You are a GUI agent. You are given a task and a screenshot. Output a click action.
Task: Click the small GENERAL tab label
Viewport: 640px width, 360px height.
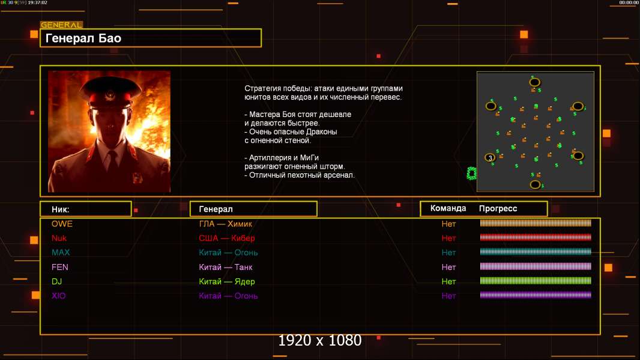[x=61, y=25]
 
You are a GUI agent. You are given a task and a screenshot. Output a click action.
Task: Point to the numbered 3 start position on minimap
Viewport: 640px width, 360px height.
[x=490, y=158]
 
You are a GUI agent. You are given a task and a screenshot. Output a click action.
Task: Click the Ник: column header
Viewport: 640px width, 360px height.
[x=61, y=209]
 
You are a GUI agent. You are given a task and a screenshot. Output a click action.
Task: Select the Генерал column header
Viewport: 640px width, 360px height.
[x=216, y=209]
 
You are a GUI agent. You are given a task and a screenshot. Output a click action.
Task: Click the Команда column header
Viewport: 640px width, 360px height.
[x=448, y=208]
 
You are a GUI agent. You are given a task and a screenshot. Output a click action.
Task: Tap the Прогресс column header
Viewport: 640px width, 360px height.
[x=498, y=208]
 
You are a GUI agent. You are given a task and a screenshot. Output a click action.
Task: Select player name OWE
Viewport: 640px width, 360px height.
[x=62, y=224]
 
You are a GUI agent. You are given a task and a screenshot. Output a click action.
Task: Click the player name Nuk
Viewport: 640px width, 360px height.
[x=59, y=238]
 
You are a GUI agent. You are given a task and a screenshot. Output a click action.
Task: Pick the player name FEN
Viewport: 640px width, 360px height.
[x=60, y=267]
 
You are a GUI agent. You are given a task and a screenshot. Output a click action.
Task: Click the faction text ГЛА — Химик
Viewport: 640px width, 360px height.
[x=227, y=224]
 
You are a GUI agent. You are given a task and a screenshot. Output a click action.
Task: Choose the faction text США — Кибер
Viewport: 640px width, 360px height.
[x=227, y=238]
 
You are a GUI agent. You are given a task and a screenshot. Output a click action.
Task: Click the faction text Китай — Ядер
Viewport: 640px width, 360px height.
[x=227, y=281]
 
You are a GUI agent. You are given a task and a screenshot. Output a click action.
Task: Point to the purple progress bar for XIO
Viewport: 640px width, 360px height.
[x=536, y=295]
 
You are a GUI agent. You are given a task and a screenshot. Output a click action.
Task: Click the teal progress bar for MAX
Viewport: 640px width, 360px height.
[x=536, y=252]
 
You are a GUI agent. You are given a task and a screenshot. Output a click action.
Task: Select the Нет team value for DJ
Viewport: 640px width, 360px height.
[x=448, y=281]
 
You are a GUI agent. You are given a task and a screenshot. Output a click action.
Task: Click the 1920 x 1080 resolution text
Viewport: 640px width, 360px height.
[x=320, y=341]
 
